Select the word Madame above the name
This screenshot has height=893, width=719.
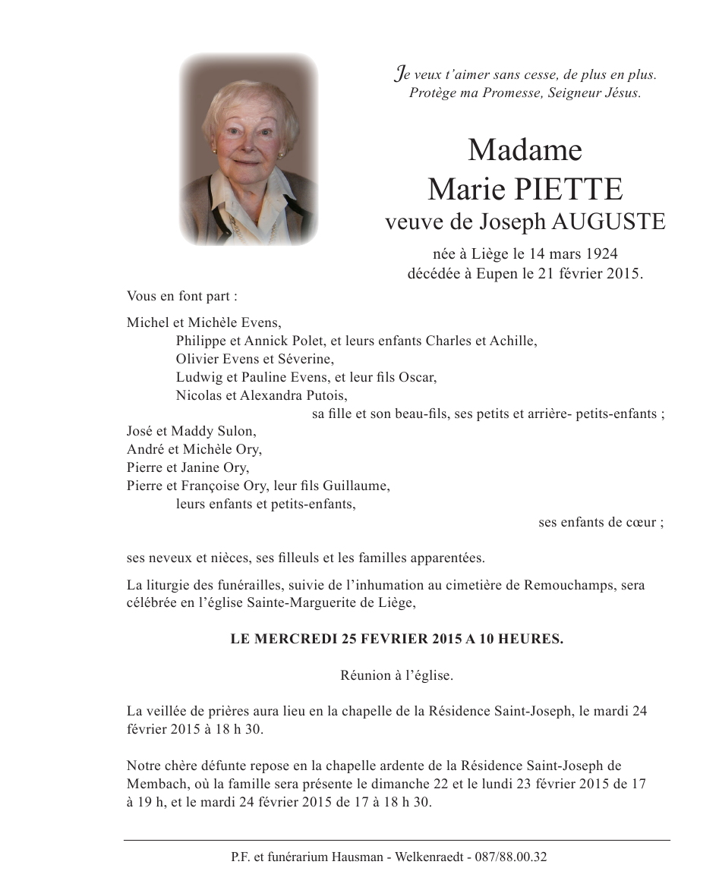click(x=525, y=149)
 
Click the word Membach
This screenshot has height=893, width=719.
click(x=151, y=784)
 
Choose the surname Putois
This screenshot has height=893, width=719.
click(x=327, y=395)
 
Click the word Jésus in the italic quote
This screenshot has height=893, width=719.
click(x=623, y=93)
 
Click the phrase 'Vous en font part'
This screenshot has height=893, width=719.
click(x=172, y=296)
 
